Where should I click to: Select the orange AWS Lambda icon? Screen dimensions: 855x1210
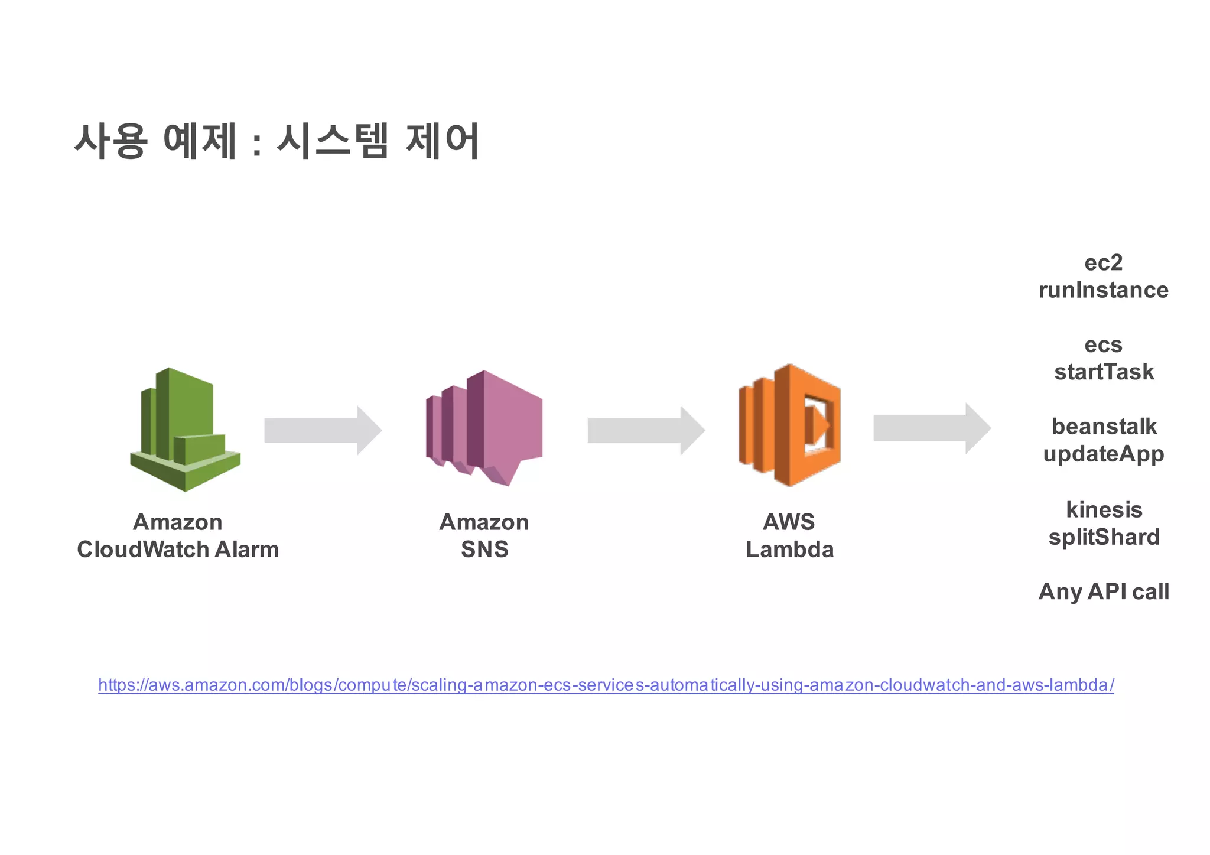pyautogui.click(x=789, y=425)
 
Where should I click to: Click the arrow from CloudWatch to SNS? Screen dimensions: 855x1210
pyautogui.click(x=322, y=430)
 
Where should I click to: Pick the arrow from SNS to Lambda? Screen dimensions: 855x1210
pyautogui.click(x=646, y=430)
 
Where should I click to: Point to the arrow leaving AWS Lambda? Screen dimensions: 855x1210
pyautogui.click(x=931, y=428)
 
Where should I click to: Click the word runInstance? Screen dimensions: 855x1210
pyautogui.click(x=1103, y=290)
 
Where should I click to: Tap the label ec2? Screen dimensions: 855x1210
pyautogui.click(x=1103, y=262)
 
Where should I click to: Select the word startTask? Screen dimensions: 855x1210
pyautogui.click(x=1104, y=372)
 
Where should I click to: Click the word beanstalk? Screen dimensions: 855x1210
pyautogui.click(x=1104, y=426)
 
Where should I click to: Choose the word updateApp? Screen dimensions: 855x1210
pyautogui.click(x=1103, y=454)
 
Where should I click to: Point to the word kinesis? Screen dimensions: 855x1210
pyautogui.click(x=1104, y=509)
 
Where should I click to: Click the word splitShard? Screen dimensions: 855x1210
pyautogui.click(x=1104, y=537)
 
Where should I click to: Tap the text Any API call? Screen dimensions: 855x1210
pyautogui.click(x=1103, y=591)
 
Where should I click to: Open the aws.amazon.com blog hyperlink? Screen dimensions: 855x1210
pyautogui.click(x=606, y=685)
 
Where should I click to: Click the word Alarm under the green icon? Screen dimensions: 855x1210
pyautogui.click(x=246, y=550)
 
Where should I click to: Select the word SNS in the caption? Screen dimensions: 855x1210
pyautogui.click(x=484, y=550)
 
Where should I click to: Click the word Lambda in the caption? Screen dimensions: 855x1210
pyautogui.click(x=789, y=550)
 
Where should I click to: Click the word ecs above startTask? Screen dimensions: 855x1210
pyautogui.click(x=1103, y=344)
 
